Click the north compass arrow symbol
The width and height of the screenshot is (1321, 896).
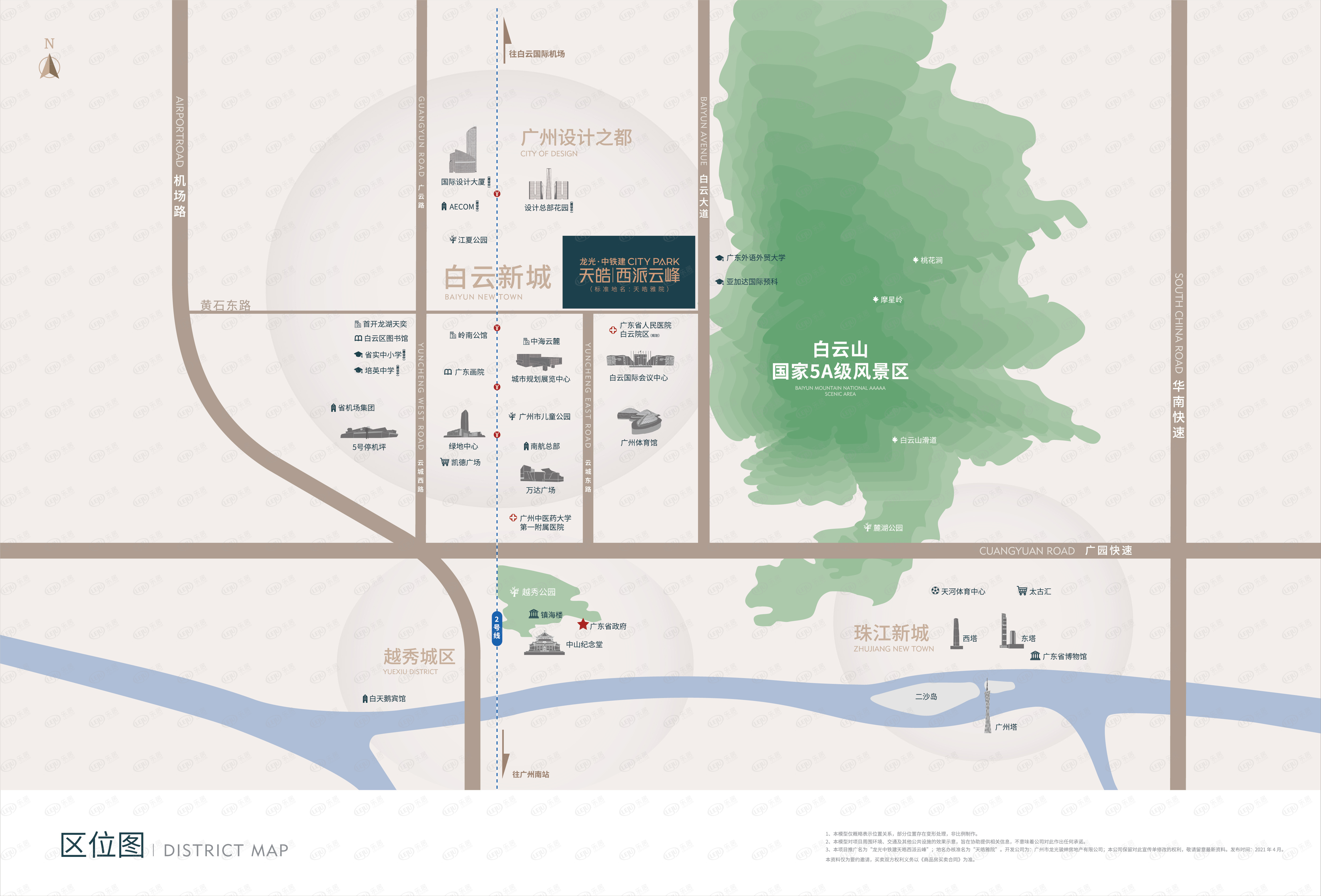50,66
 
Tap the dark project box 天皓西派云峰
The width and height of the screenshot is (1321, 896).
629,272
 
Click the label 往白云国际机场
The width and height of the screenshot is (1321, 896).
537,54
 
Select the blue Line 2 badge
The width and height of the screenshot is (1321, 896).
497,628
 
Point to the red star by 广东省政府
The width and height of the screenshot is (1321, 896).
582,624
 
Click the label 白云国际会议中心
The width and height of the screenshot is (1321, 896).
638,378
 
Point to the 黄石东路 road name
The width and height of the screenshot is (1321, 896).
226,305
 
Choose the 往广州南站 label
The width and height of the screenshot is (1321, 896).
530,774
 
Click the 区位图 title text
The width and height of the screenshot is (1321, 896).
102,845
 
